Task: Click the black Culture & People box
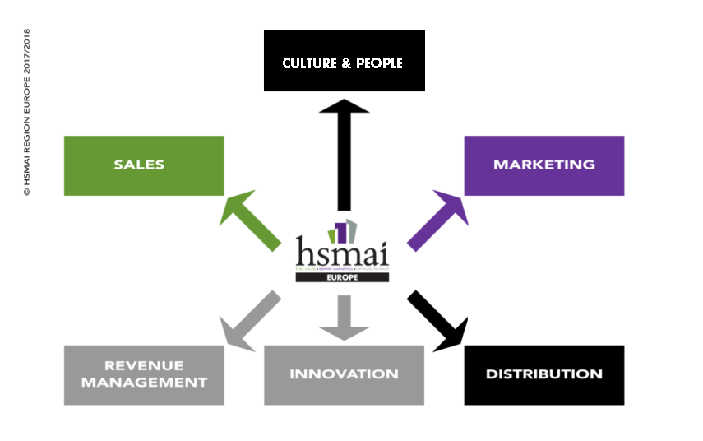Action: point(344,61)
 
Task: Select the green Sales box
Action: point(144,165)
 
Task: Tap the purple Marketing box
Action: point(543,165)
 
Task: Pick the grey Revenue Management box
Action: point(144,375)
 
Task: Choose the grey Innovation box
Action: point(344,375)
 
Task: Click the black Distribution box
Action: point(543,375)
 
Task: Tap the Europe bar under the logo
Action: point(343,277)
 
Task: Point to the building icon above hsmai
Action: point(343,230)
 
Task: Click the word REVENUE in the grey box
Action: point(144,364)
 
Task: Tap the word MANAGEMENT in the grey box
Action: point(144,383)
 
